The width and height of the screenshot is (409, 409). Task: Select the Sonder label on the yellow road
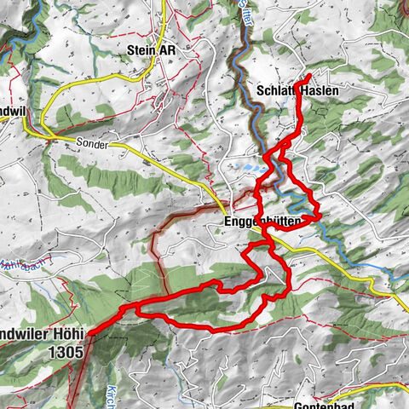[94, 145]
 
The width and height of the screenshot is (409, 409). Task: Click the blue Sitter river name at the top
[245, 14]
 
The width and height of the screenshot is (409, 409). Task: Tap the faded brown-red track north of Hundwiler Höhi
[156, 256]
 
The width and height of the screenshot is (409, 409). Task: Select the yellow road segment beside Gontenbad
[375, 388]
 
